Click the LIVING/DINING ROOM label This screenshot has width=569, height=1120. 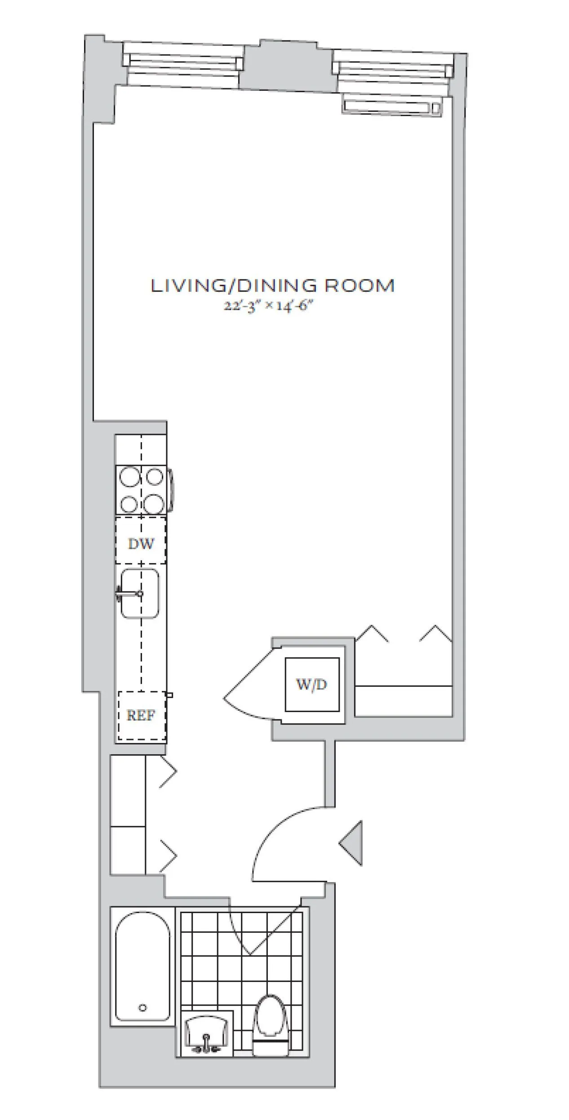[272, 286]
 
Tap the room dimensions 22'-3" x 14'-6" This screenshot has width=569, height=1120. [268, 306]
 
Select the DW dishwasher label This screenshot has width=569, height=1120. [141, 544]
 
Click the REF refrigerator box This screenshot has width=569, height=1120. [141, 715]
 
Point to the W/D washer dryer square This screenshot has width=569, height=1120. [312, 685]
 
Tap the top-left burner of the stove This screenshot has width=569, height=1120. [129, 477]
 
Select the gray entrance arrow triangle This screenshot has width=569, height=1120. [353, 843]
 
